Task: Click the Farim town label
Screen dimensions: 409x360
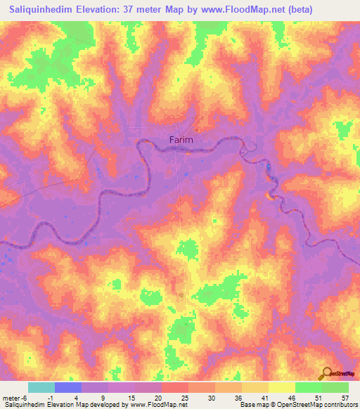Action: click(181, 140)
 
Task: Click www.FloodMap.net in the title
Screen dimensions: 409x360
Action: click(233, 9)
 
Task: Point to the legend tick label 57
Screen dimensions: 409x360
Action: click(345, 397)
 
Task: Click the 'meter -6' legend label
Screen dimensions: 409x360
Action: click(14, 397)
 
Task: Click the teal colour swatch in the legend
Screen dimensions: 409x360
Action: click(41, 387)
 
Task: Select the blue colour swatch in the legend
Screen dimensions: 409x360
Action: click(68, 387)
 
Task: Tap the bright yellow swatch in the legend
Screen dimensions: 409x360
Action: click(282, 387)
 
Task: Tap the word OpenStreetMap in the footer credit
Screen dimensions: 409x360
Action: click(295, 405)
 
